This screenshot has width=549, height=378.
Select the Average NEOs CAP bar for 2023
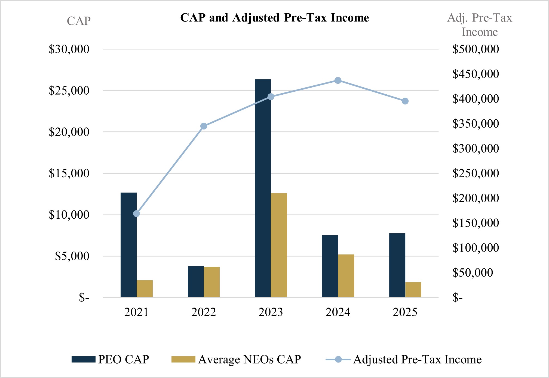point(279,245)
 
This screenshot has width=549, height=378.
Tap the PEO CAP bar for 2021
point(128,245)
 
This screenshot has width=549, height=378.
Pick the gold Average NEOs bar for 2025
point(413,290)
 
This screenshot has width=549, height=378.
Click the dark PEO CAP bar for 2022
point(196,281)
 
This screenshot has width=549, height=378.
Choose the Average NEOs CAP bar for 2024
point(346,275)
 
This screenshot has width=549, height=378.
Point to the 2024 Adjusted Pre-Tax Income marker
point(338,80)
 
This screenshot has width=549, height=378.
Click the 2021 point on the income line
point(137,214)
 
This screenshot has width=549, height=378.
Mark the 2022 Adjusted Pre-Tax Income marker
point(204,126)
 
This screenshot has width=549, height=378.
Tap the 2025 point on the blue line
point(405,101)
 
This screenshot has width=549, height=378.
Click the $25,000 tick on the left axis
point(69,91)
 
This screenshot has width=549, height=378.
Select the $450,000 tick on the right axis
point(476,74)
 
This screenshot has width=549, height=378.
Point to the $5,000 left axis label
point(72,256)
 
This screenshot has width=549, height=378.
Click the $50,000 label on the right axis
point(473,272)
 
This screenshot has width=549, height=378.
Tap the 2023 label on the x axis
point(271,312)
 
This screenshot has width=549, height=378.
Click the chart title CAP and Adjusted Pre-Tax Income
point(274,18)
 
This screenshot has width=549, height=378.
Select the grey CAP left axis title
point(79,21)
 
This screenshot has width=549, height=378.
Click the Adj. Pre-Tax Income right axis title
point(480,25)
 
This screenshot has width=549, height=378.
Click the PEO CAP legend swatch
point(83,360)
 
